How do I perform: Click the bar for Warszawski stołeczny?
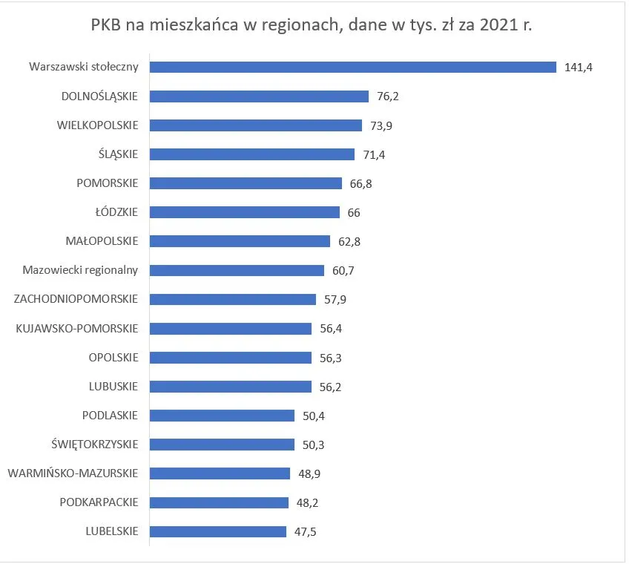tap(352, 67)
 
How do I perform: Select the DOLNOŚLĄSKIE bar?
tap(259, 96)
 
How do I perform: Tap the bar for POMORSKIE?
tap(246, 183)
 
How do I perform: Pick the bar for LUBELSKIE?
tap(218, 531)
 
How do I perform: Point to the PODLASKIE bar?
tap(223, 416)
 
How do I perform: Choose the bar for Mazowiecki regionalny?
tap(237, 270)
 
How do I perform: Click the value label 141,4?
tap(579, 68)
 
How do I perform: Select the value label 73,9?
tap(381, 125)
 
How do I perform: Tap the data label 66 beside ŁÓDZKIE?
tap(354, 213)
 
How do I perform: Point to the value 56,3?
tap(331, 358)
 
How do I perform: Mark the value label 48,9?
tap(309, 473)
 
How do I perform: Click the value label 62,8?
tap(349, 242)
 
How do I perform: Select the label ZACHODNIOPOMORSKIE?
tap(76, 299)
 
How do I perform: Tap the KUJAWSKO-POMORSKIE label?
tap(77, 328)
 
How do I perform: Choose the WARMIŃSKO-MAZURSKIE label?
tap(73, 473)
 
